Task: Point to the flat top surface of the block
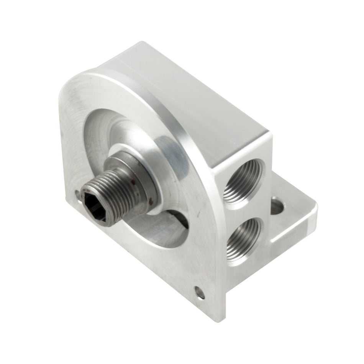click(x=192, y=92)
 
